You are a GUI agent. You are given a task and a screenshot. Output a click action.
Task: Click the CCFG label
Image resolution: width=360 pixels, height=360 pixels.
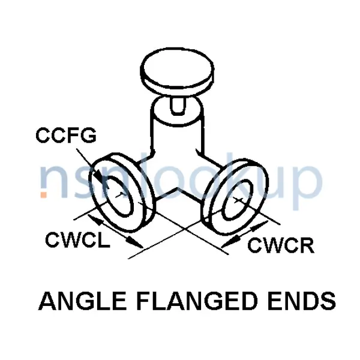pyautogui.click(x=65, y=136)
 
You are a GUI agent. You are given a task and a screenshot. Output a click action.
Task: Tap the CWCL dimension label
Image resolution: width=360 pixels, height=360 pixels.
pyautogui.click(x=77, y=240)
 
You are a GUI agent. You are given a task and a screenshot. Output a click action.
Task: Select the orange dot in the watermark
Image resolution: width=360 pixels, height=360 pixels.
pyautogui.click(x=43, y=194)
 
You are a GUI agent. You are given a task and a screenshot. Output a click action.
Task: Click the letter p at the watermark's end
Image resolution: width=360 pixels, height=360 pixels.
pyautogui.click(x=306, y=183)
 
